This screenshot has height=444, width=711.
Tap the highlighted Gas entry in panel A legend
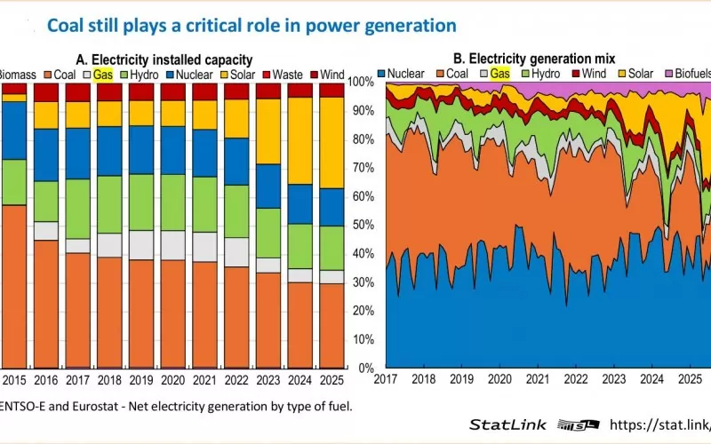[102, 75]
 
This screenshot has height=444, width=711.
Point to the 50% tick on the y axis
[363, 225]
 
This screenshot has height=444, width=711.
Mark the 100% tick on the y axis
[360, 82]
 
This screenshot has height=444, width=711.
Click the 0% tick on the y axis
[365, 368]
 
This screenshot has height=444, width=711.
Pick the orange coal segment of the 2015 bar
[13, 284]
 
